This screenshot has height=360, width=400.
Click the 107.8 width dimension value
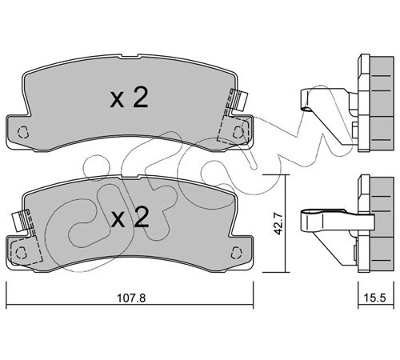pyautogui.click(x=131, y=298)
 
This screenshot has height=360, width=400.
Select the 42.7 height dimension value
pyautogui.click(x=279, y=223)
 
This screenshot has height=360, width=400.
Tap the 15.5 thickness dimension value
pyautogui.click(x=375, y=298)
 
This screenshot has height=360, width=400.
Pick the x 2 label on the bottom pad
pyautogui.click(x=130, y=218)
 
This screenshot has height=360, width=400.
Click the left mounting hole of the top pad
pyautogui.click(x=23, y=132)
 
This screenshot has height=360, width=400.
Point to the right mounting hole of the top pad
pyautogui.click(x=238, y=132)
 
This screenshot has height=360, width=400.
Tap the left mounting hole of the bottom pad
pyautogui.click(x=22, y=252)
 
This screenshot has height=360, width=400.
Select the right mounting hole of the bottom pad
pyautogui.click(x=237, y=252)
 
